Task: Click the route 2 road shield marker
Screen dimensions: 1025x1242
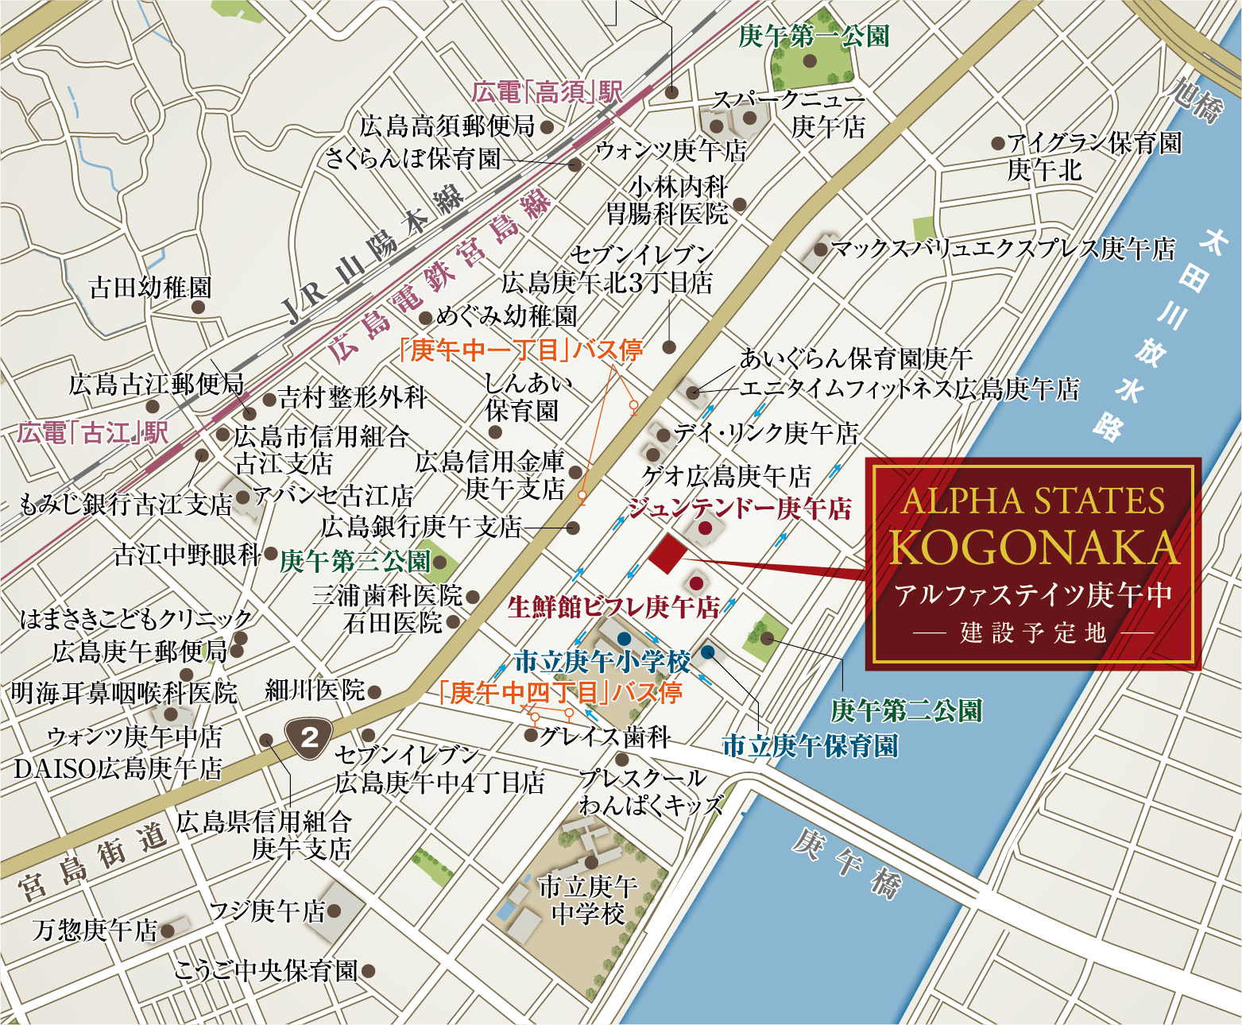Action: [310, 737]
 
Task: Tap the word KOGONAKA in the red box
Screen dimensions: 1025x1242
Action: [1034, 547]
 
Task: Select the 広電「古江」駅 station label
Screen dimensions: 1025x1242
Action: [93, 433]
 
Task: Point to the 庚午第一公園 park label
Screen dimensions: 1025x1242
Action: [814, 36]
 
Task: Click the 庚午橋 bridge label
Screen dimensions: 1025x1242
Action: [846, 863]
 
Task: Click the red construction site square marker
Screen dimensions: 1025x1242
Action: [666, 553]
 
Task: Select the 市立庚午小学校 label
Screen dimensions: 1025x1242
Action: [602, 661]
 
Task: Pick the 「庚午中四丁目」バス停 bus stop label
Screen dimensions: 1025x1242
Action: [560, 693]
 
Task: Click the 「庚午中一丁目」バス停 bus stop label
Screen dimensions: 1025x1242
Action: [520, 350]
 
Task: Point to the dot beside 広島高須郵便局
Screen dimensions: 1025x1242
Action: [547, 126]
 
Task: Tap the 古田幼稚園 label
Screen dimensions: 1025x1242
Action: [150, 288]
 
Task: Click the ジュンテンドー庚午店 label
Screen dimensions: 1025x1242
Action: [740, 509]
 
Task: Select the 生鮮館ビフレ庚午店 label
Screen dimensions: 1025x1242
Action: [613, 607]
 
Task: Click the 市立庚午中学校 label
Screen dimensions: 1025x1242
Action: [588, 899]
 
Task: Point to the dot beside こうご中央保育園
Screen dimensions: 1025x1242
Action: [367, 970]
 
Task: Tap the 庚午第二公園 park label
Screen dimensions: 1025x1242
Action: [906, 710]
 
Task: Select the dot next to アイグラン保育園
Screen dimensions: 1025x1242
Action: [997, 144]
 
